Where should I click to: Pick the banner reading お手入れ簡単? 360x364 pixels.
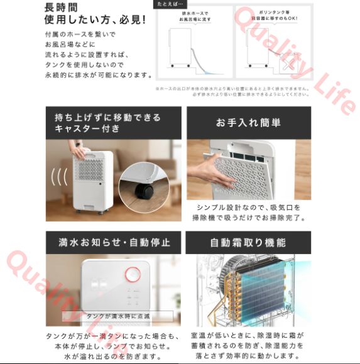click(x=248, y=123)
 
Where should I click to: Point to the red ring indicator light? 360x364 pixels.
click(x=133, y=275)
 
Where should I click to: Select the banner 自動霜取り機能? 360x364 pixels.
click(x=248, y=242)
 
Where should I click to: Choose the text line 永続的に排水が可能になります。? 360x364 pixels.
click(x=99, y=75)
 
